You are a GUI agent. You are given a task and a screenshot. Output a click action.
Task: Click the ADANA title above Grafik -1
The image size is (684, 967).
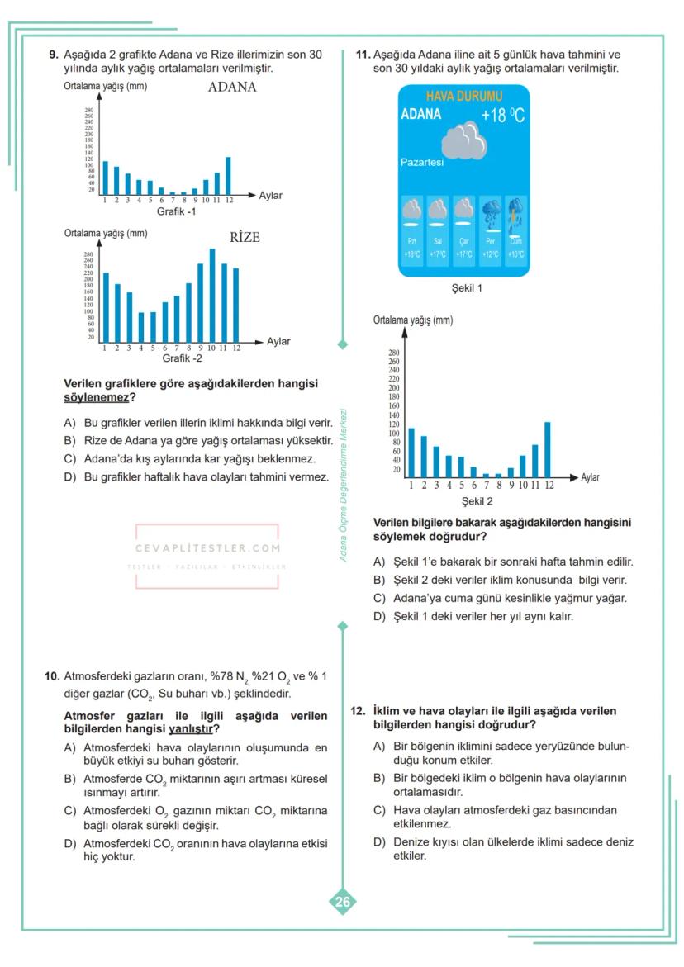point(232,87)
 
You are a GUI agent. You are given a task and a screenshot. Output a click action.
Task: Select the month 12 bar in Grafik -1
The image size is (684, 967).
point(228,175)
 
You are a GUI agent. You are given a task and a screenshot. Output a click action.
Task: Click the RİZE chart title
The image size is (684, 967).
point(245,237)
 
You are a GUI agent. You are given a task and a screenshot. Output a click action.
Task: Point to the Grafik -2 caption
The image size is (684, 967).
point(182,358)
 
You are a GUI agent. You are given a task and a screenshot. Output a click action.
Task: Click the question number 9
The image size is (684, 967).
point(54,55)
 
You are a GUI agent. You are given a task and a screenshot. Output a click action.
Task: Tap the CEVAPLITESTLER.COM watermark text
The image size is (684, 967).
point(207,547)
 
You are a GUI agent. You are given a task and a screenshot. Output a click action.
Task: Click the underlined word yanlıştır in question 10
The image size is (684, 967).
point(189,729)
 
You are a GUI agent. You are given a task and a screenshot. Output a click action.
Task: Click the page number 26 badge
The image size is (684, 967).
point(342,902)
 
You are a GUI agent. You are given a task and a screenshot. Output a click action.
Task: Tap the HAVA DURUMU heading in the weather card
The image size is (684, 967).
point(463,97)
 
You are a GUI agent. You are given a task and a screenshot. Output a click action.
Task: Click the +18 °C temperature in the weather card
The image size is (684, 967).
point(502,116)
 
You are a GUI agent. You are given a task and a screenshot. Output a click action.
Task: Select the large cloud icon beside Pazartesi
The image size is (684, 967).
point(463,142)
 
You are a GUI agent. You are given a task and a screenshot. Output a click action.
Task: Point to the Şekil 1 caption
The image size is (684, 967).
point(467,288)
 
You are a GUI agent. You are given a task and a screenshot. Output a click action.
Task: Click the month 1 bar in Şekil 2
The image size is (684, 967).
point(411,453)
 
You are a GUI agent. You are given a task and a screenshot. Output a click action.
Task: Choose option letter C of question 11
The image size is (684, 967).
point(379,598)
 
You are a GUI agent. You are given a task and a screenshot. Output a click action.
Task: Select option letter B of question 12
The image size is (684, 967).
point(379,778)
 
